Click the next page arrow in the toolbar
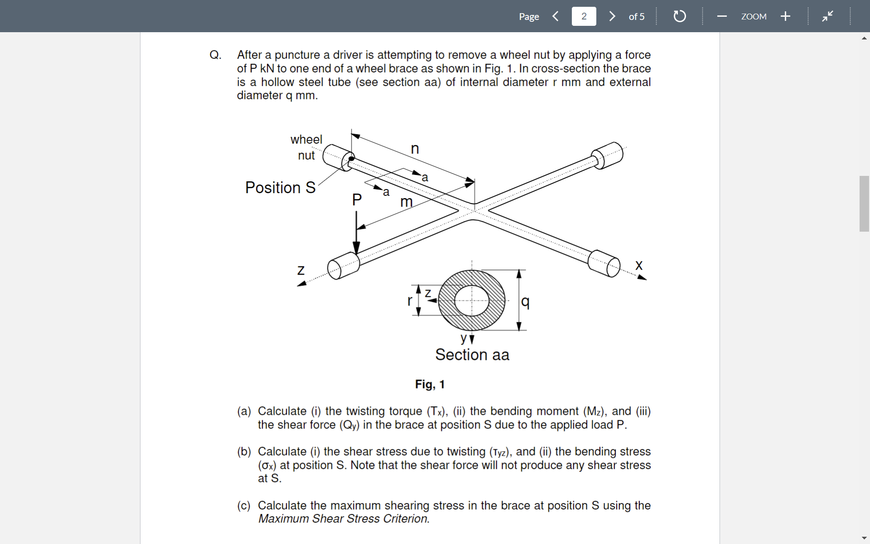pos(612,16)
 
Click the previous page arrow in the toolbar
pos(556,16)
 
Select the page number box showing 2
pos(584,16)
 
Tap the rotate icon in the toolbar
pos(679,16)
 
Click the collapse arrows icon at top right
pos(827,16)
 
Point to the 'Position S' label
pos(280,188)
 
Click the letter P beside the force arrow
pos(357,199)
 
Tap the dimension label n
pos(415,149)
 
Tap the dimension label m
pos(406,202)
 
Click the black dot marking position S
pos(351,159)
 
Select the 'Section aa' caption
pos(472,355)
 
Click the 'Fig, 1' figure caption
pos(430,384)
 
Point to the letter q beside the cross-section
pos(525,301)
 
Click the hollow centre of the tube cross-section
pos(472,301)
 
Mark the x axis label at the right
pos(639,265)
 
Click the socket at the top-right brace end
pos(609,155)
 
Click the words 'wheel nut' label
pos(306,147)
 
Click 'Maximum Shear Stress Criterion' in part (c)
pos(343,519)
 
